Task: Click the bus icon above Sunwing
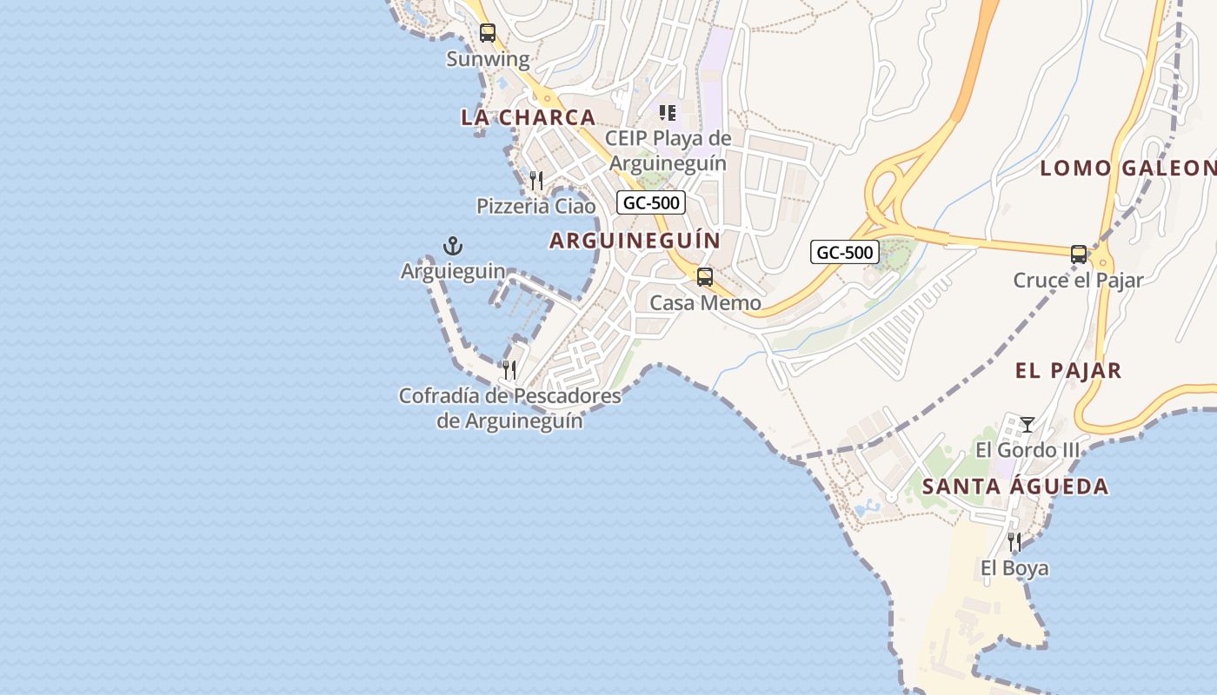(488, 33)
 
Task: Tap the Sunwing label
(488, 59)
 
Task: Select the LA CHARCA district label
(529, 117)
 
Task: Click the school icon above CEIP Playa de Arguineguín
(668, 112)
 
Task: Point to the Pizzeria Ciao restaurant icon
(536, 181)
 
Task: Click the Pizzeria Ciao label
(536, 206)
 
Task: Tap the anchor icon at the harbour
(452, 246)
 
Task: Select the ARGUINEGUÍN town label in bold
(635, 241)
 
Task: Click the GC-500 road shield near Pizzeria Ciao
(651, 203)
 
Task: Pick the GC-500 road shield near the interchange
(846, 253)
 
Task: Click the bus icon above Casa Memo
(705, 277)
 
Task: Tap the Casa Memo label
(706, 303)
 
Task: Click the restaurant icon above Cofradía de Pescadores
(509, 370)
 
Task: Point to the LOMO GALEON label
(1127, 169)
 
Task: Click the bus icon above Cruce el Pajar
(1079, 255)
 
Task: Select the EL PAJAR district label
(1068, 371)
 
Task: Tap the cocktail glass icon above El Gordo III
(1027, 424)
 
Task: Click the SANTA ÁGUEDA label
(1015, 486)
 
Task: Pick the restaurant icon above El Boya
(1014, 542)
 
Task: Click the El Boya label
(1014, 568)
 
